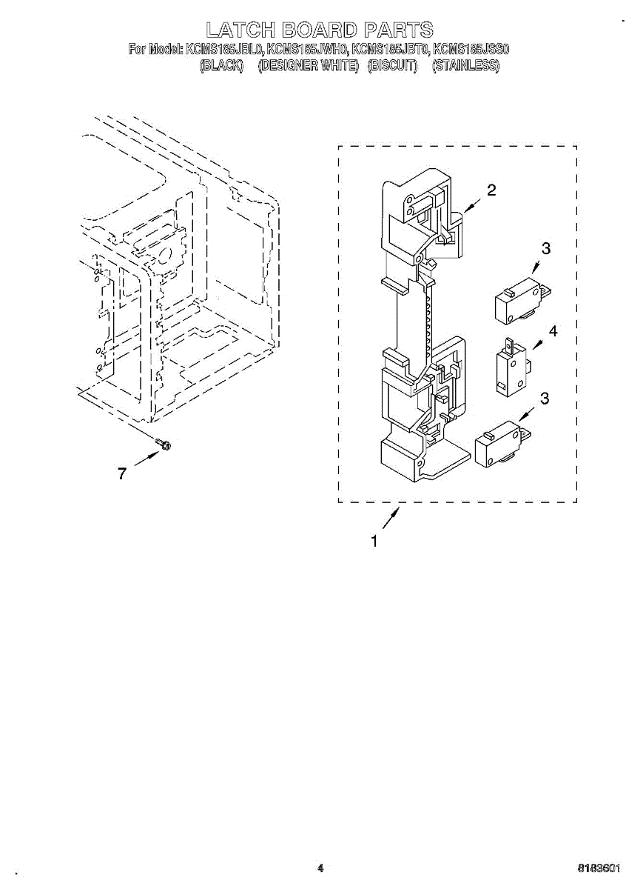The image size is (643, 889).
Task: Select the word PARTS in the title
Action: (400, 30)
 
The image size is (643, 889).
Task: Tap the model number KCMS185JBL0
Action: (225, 50)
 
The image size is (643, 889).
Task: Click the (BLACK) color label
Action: (222, 66)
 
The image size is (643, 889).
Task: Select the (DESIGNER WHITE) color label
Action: (308, 66)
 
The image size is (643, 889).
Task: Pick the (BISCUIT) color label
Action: (392, 66)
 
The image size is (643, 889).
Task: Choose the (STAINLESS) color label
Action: (465, 66)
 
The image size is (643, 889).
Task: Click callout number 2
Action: (491, 190)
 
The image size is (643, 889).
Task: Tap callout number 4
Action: (553, 330)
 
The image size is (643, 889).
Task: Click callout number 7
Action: (123, 474)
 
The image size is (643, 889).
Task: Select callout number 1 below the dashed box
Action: (374, 542)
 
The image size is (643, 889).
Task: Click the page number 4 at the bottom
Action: (320, 868)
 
